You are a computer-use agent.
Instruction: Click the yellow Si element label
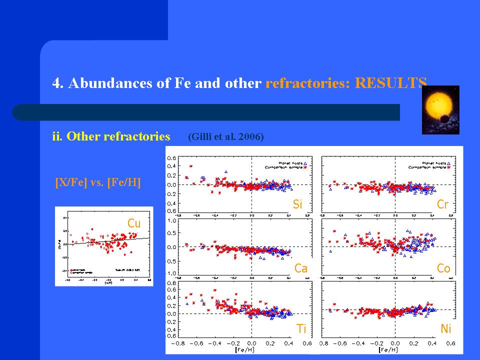pyautogui.click(x=297, y=204)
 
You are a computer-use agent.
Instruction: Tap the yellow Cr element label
pyautogui.click(x=442, y=204)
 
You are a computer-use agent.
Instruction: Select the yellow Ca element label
pyautogui.click(x=300, y=268)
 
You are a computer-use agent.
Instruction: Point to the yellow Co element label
pyautogui.click(x=443, y=268)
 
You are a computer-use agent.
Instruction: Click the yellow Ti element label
pyautogui.click(x=301, y=328)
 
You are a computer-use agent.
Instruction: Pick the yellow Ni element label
pyautogui.click(x=445, y=328)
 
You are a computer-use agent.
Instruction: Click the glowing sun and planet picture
pyautogui.click(x=440, y=109)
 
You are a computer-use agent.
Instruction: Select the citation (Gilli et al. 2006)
pyautogui.click(x=225, y=136)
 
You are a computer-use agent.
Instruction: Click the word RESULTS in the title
pyautogui.click(x=391, y=83)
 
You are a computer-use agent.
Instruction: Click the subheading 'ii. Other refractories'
pyautogui.click(x=111, y=136)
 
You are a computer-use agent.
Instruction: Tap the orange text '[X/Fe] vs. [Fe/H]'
pyautogui.click(x=97, y=183)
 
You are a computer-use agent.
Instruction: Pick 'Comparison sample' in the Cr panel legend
pyautogui.click(x=426, y=167)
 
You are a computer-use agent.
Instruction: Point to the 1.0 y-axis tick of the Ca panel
pyautogui.click(x=171, y=220)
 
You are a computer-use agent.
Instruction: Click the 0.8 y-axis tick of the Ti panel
pyautogui.click(x=171, y=283)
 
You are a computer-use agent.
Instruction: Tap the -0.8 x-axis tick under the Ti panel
pyautogui.click(x=178, y=344)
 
